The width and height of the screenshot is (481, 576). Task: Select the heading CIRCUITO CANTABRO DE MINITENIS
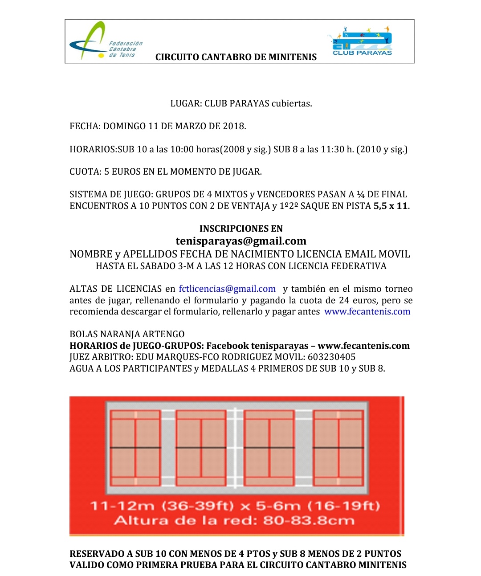coord(236,57)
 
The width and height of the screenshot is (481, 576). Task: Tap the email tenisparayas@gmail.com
coord(241,241)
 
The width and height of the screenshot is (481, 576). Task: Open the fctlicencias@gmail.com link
coord(227,289)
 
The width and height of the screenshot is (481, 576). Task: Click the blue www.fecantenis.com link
coord(367,311)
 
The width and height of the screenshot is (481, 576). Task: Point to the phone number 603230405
coord(331,357)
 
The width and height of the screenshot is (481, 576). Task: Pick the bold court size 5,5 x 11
coord(390,206)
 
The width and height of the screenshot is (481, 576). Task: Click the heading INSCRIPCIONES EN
coord(241,229)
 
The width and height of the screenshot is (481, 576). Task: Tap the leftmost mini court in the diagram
coord(135,448)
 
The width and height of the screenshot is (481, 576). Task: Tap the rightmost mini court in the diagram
coord(338,448)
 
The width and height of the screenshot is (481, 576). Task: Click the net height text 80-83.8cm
coord(309,520)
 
